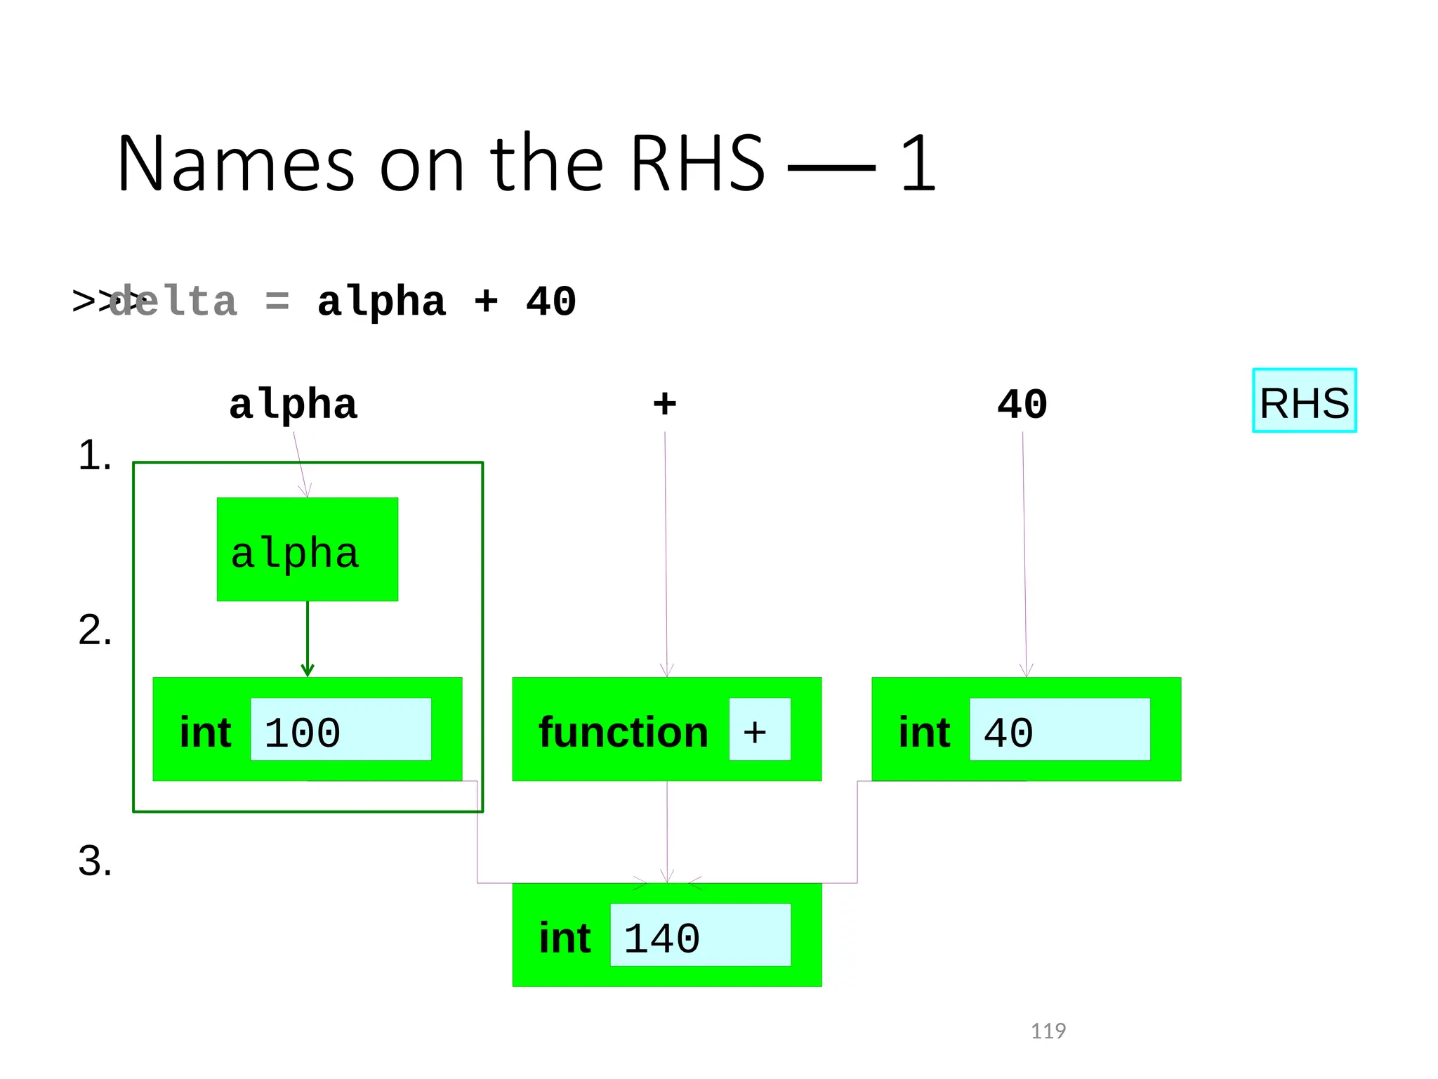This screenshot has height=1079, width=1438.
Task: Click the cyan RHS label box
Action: click(1304, 400)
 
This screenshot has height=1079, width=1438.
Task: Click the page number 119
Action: click(1048, 1031)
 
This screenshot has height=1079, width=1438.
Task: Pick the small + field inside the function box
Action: click(759, 730)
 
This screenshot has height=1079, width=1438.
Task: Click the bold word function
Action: click(624, 733)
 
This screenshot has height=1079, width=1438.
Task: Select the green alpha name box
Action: click(307, 549)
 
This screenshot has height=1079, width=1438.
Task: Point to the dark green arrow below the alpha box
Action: click(308, 639)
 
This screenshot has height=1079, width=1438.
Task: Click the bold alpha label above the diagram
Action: click(293, 405)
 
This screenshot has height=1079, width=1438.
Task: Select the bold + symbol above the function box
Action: click(664, 404)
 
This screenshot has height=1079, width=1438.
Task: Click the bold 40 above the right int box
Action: click(1022, 404)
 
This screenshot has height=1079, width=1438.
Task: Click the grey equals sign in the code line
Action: click(277, 302)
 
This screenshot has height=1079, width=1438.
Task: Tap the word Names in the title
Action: click(235, 165)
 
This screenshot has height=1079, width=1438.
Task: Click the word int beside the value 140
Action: click(565, 939)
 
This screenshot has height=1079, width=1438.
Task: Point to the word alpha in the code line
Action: click(381, 303)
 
